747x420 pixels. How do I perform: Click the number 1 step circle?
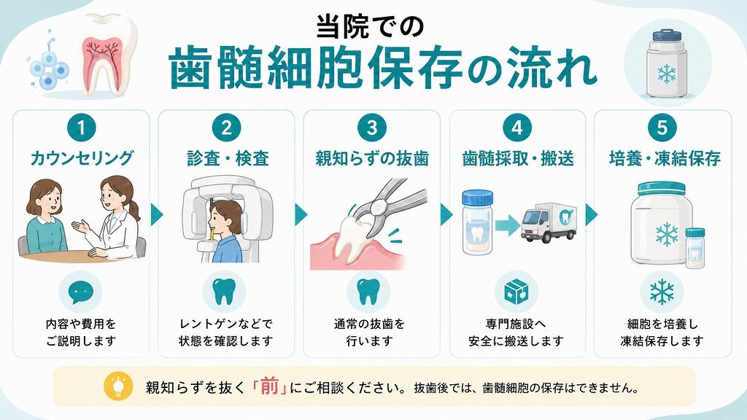(x=82, y=128)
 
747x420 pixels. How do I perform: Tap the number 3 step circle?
(x=371, y=128)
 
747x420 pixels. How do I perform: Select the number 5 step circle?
(x=662, y=128)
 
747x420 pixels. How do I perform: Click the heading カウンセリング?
(x=82, y=158)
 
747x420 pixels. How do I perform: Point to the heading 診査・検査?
(x=228, y=158)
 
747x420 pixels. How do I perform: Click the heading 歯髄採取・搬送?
(x=518, y=158)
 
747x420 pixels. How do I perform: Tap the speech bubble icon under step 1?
(x=81, y=292)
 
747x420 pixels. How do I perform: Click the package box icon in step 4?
(x=516, y=292)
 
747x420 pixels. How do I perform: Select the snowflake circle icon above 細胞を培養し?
(x=662, y=292)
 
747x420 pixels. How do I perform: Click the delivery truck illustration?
(x=549, y=223)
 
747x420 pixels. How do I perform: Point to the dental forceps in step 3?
(x=388, y=203)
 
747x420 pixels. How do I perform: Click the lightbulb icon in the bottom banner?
(x=117, y=386)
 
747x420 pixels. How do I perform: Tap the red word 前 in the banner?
(x=269, y=386)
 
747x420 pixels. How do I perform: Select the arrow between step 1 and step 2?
(x=157, y=215)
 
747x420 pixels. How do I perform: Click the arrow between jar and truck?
(x=507, y=225)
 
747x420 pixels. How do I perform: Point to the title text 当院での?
(x=370, y=27)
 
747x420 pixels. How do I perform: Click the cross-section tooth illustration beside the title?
(x=103, y=55)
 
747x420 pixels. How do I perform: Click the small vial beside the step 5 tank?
(x=694, y=247)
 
